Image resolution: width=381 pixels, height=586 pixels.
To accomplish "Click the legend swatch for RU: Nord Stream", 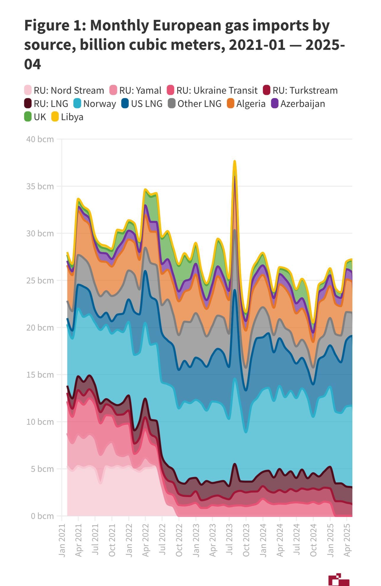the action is [28, 90].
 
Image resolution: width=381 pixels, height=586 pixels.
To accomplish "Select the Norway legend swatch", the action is [77, 103].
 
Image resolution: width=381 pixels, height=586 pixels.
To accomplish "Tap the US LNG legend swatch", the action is [125, 103].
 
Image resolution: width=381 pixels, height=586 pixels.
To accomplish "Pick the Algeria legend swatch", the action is [230, 103].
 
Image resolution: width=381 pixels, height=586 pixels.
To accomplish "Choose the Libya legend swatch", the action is [55, 117].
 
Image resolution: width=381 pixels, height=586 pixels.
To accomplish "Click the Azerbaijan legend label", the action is [303, 104].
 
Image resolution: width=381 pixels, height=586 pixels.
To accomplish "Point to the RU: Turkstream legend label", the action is [305, 90].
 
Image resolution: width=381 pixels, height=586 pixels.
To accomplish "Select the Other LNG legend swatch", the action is [171, 103].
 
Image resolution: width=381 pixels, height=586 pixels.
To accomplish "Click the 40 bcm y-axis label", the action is [40, 139].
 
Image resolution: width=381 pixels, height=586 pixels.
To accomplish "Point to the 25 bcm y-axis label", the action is [40, 280].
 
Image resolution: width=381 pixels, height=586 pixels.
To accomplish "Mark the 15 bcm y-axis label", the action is [40, 375].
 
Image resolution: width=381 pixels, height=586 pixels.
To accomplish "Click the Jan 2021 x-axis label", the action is [62, 540].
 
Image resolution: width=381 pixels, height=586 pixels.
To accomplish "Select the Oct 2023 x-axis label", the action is [246, 540].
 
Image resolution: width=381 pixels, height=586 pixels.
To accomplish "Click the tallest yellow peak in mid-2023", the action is [235, 161].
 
